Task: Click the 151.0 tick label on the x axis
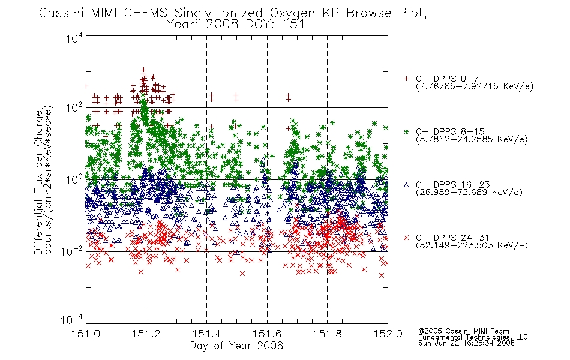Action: pyautogui.click(x=86, y=334)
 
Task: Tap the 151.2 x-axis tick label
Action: pyautogui.click(x=146, y=334)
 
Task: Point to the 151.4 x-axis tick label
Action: pyautogui.click(x=206, y=334)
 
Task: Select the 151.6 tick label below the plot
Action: pyautogui.click(x=267, y=334)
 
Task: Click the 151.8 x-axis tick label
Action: pyautogui.click(x=327, y=334)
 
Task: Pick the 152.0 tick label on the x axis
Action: pyautogui.click(x=388, y=334)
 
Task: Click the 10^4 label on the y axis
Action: pyautogui.click(x=74, y=38)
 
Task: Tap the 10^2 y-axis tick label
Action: pyautogui.click(x=74, y=107)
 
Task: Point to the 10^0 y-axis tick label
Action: pyautogui.click(x=74, y=179)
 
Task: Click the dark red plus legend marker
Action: pyautogui.click(x=406, y=79)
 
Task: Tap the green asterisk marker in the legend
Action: pyautogui.click(x=406, y=131)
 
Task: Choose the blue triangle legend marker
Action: pyautogui.click(x=406, y=185)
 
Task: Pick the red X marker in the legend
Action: pyautogui.click(x=406, y=238)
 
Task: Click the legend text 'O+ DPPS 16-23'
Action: pyautogui.click(x=453, y=185)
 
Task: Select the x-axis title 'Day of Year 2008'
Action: pyautogui.click(x=236, y=346)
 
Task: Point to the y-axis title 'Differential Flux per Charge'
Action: pyautogui.click(x=38, y=182)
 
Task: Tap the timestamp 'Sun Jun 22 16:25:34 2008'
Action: pyautogui.click(x=466, y=343)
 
